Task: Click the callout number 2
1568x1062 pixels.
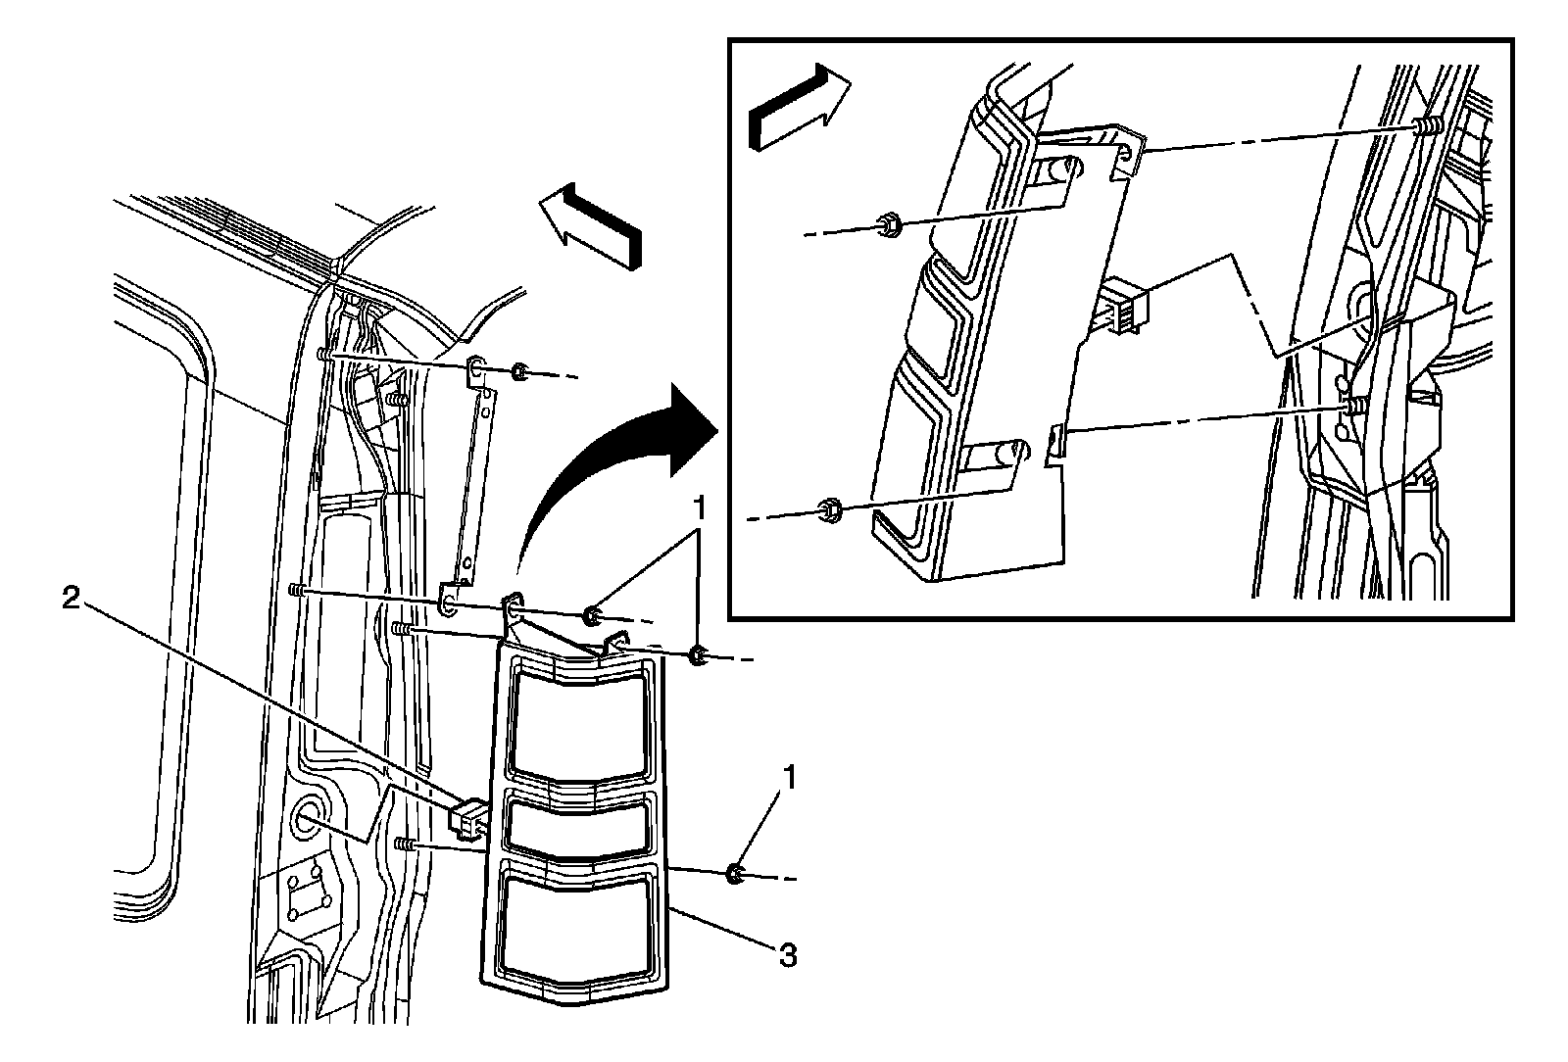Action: coord(71,600)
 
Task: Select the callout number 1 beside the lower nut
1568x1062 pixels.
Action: coord(788,780)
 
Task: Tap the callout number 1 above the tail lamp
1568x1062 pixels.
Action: coord(699,507)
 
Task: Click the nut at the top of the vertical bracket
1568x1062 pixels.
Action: coord(520,372)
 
